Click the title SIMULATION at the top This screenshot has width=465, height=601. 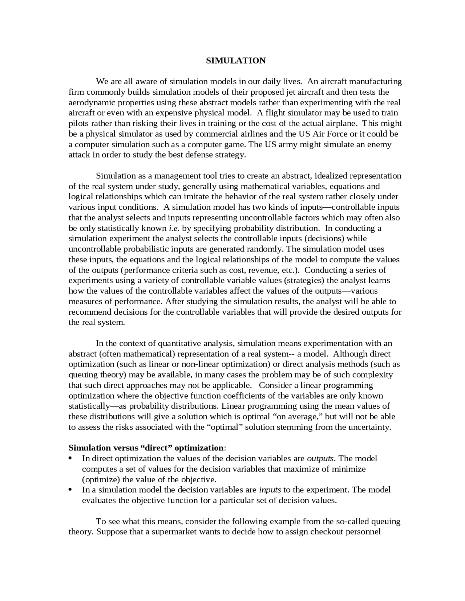236,61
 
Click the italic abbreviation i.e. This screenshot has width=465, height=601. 174,228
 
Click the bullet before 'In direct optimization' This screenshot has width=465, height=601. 70,458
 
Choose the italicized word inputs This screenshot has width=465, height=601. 270,490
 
